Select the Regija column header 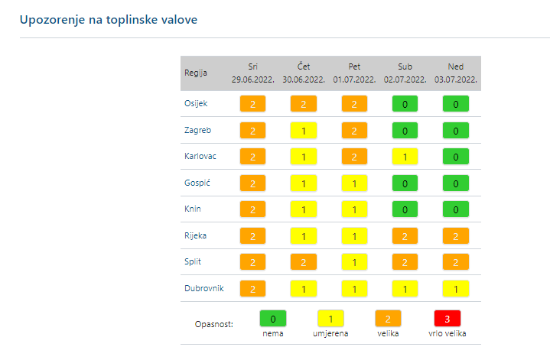coord(195,73)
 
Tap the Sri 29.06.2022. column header coord(252,73)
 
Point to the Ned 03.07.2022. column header coord(456,73)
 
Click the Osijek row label coord(196,103)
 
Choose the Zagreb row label coord(197,130)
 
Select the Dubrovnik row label coord(203,288)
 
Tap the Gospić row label coord(197,183)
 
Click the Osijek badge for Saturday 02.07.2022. coord(405,104)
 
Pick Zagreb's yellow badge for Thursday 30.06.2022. coord(303,131)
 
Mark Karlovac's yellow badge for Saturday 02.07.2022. coord(405,157)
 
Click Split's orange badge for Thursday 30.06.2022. coord(303,262)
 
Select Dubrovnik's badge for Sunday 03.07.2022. coord(456,289)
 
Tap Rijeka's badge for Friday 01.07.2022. coord(354,236)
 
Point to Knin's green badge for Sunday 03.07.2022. coord(456,209)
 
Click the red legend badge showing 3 coord(448,318)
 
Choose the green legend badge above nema coord(273,318)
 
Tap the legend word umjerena coord(330,334)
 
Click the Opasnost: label coord(214,324)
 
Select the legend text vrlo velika coord(448,334)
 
